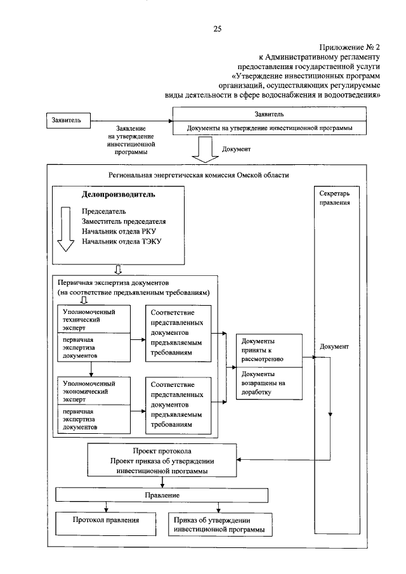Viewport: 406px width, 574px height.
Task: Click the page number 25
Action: (x=217, y=28)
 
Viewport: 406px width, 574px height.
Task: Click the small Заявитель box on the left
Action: (x=70, y=120)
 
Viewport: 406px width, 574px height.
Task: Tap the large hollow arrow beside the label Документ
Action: (x=204, y=151)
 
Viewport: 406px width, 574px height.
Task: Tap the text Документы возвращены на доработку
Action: (x=268, y=383)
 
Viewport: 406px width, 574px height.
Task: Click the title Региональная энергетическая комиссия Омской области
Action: (x=199, y=175)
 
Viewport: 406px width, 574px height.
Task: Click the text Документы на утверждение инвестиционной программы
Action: (x=269, y=128)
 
